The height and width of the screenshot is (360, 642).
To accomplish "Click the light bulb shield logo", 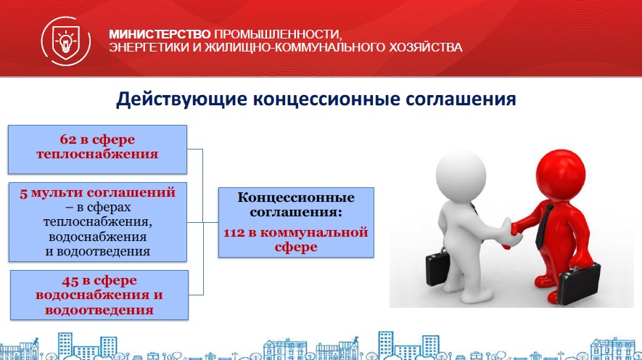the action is click(66, 41).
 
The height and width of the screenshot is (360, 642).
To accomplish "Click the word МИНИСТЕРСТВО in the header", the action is click(160, 34).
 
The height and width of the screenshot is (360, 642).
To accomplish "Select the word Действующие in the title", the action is click(182, 99).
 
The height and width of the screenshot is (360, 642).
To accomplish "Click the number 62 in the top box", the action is click(68, 139).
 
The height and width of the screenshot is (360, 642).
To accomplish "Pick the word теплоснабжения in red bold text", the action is click(97, 155).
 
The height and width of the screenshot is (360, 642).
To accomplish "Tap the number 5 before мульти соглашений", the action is click(23, 193).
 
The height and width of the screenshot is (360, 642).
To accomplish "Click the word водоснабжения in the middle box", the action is click(97, 237).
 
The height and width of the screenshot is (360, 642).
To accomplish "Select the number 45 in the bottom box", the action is click(70, 281).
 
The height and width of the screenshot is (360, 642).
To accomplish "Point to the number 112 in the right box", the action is click(234, 233).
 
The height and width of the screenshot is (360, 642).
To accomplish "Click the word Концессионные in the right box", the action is click(296, 197).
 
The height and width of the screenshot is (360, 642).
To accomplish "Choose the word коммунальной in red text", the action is click(314, 233).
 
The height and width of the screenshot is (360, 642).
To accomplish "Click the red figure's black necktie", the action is click(543, 226).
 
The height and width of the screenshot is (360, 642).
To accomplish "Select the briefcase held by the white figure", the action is click(437, 269).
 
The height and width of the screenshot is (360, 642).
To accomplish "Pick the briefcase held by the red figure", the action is click(579, 283).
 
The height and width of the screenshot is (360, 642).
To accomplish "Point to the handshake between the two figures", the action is click(511, 232).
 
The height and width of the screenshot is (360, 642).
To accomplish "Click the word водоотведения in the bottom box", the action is click(99, 311).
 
